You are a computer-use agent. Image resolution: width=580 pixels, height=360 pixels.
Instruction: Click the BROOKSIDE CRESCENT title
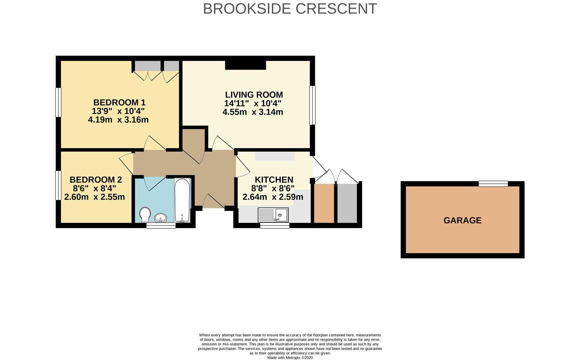coord(289,9)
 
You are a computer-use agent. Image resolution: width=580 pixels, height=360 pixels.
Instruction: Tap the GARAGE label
coord(462,220)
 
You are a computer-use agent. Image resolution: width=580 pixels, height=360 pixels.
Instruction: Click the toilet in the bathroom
coord(145,215)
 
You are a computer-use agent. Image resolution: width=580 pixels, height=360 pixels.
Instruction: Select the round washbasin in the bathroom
coord(161,218)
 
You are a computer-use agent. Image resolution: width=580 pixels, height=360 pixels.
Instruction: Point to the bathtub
coord(182,200)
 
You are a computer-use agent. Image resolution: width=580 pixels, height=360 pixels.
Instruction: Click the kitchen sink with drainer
coord(273,215)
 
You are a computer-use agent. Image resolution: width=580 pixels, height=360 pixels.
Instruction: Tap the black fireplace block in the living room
coord(245,65)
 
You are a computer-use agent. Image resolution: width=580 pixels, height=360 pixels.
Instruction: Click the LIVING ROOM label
coord(253,95)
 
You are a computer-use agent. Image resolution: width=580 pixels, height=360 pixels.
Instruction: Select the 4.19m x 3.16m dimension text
coord(118,120)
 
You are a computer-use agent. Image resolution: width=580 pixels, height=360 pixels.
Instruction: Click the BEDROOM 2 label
coord(96,180)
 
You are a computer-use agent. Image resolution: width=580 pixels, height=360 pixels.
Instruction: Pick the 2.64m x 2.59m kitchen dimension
coord(272,197)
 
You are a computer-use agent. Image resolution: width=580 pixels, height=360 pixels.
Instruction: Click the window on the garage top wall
coord(493,184)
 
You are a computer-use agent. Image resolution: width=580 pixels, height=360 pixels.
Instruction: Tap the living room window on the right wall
coord(312,105)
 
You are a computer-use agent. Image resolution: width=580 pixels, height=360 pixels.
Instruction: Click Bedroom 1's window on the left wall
coord(58,102)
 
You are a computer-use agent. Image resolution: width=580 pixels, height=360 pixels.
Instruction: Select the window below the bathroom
coord(161,226)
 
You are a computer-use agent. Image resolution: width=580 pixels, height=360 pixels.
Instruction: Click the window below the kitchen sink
coord(274,226)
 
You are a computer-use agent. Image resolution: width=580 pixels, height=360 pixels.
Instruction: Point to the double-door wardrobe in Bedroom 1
coord(147,66)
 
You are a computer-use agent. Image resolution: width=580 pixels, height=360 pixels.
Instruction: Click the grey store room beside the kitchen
coord(347,203)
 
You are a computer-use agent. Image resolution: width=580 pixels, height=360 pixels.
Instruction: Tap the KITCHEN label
coord(274,180)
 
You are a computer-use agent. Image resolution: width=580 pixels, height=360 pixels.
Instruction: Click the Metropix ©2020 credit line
coord(290,358)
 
